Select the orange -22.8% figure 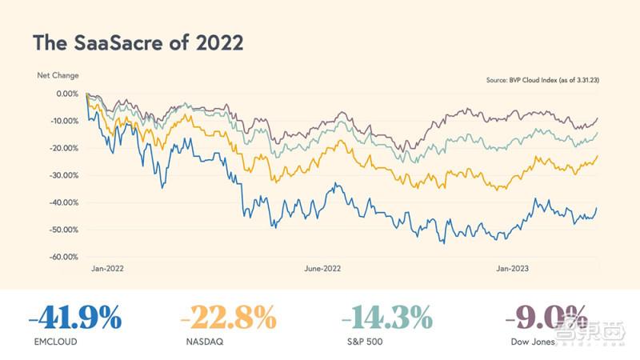(229, 318)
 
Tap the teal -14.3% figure (387, 318)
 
